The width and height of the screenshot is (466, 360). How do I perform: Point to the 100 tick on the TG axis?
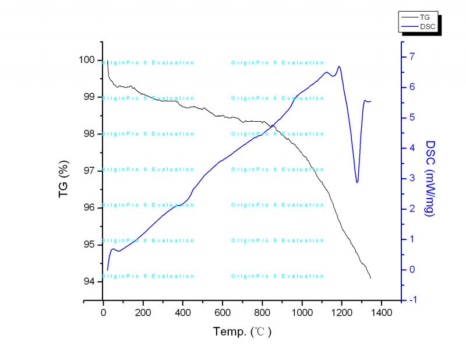pyautogui.click(x=87, y=59)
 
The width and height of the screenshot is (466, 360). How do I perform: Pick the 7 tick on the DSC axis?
pyautogui.click(x=412, y=57)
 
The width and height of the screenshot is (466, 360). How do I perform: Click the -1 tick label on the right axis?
pyautogui.click(x=413, y=300)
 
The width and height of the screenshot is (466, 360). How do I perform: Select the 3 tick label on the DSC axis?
pyautogui.click(x=412, y=178)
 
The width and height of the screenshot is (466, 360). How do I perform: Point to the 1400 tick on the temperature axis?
pyautogui.click(x=381, y=312)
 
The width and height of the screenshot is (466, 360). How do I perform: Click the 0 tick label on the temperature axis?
pyautogui.click(x=103, y=312)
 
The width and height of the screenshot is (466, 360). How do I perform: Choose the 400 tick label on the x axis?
pyautogui.click(x=182, y=312)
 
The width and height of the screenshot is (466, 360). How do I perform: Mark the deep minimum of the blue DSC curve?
pyautogui.click(x=357, y=182)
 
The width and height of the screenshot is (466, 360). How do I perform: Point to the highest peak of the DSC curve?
pyautogui.click(x=339, y=66)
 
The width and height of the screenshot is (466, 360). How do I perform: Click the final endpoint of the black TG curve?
pyautogui.click(x=370, y=278)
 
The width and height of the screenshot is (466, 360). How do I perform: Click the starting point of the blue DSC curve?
pyautogui.click(x=108, y=270)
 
